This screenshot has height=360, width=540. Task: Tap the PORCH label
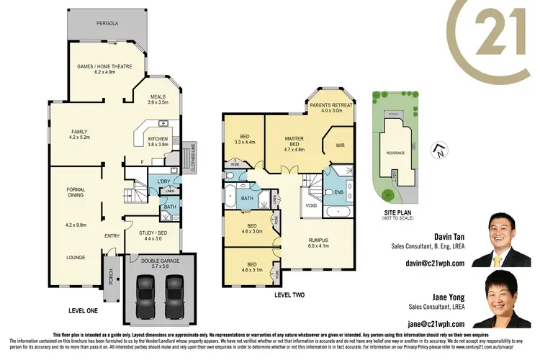click(x=111, y=275)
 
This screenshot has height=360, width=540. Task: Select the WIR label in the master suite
click(x=341, y=145)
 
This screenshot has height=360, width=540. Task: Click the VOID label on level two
click(x=311, y=205)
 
